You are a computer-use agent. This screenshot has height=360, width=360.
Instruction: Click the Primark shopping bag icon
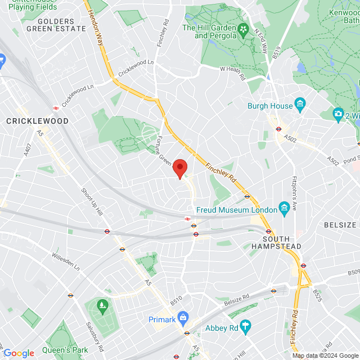pos(183,318)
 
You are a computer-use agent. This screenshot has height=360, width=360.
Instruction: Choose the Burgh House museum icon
pos(300,105)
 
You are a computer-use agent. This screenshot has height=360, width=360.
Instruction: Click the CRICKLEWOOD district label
pos(37,121)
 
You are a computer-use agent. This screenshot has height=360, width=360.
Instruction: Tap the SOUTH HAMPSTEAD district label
pos(276,242)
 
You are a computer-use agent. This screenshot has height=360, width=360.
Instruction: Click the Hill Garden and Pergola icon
pos(243,30)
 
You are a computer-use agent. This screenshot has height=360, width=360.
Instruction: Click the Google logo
pos(19,353)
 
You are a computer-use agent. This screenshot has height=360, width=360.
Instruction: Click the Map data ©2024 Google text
pos(325,355)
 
